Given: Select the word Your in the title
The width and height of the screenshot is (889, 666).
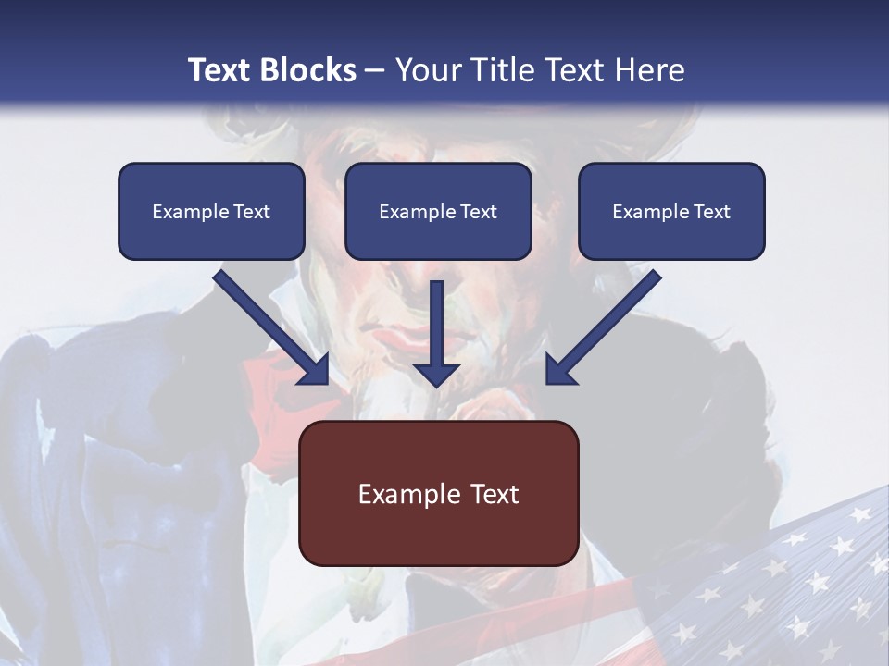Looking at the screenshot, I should pyautogui.click(x=425, y=70).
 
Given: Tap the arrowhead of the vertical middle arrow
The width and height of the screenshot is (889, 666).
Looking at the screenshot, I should pyautogui.click(x=436, y=374).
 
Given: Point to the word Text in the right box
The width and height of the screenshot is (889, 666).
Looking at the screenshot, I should pyautogui.click(x=711, y=212).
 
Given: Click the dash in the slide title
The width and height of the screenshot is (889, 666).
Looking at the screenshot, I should pyautogui.click(x=375, y=71).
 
